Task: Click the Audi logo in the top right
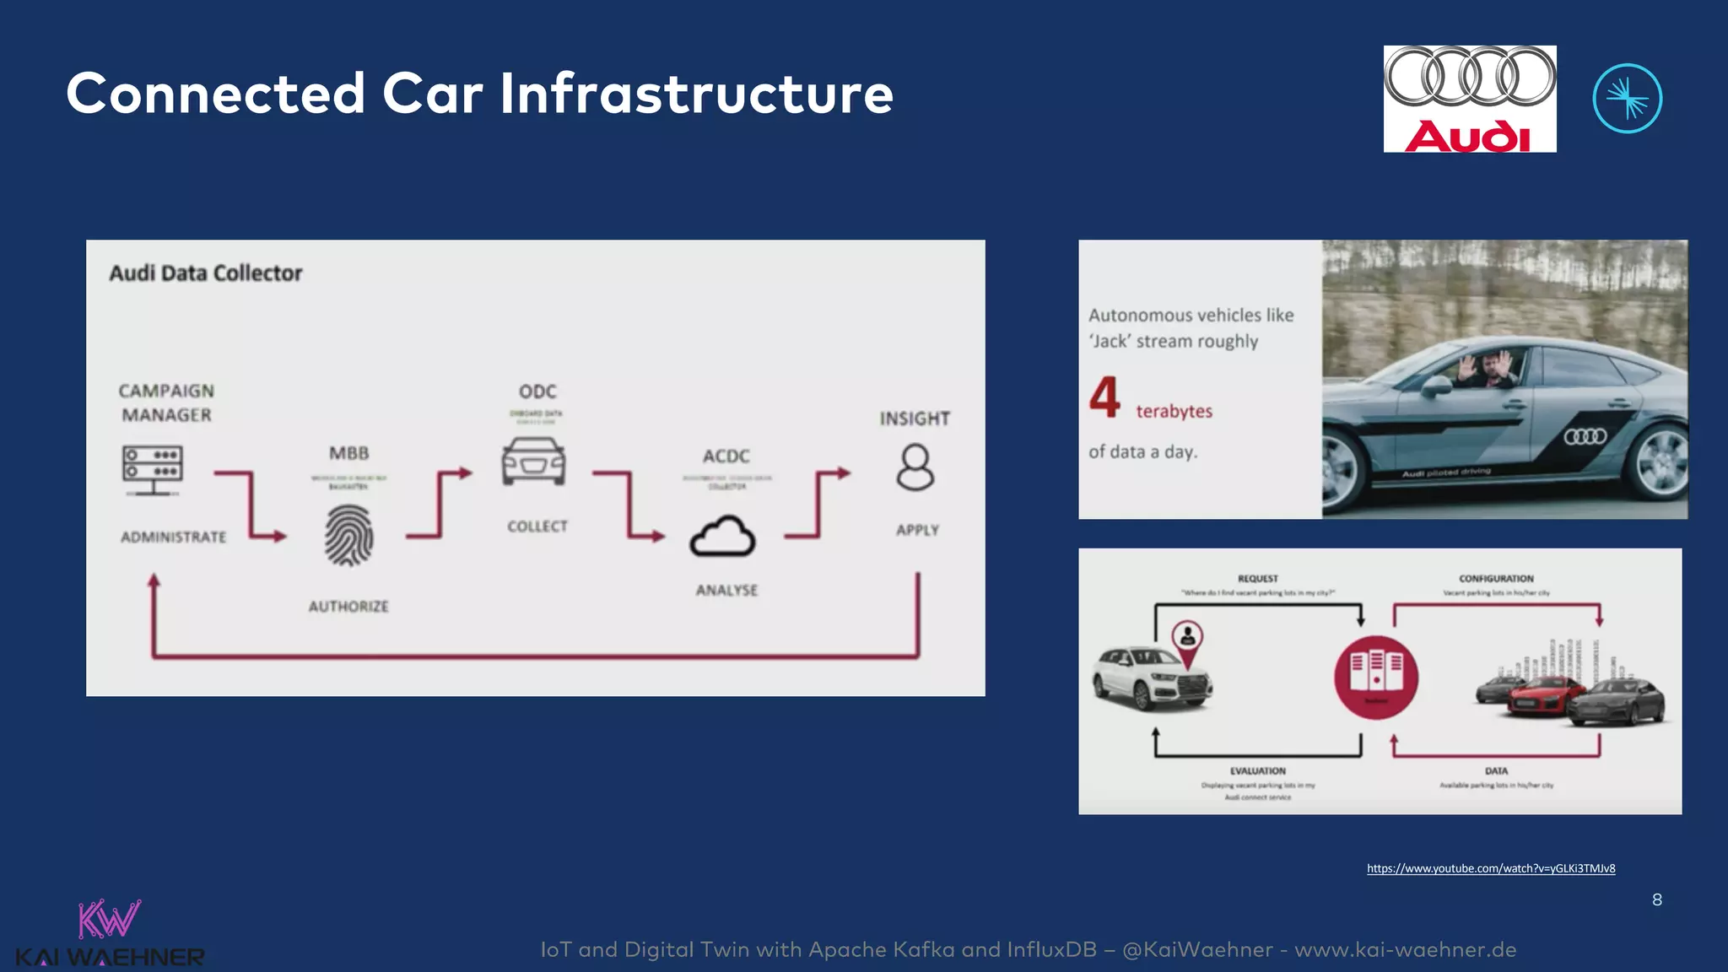pos(1469,99)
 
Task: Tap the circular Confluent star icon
pos(1627,99)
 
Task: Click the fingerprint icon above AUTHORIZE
pos(348,536)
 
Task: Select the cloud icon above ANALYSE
pos(723,537)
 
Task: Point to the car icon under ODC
pos(533,462)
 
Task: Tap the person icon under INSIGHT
pos(915,468)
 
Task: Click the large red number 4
pos(1104,397)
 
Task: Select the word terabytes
pos(1174,412)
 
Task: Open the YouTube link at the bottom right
pos(1491,868)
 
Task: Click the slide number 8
pos(1657,900)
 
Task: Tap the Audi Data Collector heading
pos(205,273)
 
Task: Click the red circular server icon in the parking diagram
pos(1375,678)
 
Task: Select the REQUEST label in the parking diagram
pos(1257,579)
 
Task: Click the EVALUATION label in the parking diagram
pos(1257,771)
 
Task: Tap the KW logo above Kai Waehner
pos(109,919)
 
